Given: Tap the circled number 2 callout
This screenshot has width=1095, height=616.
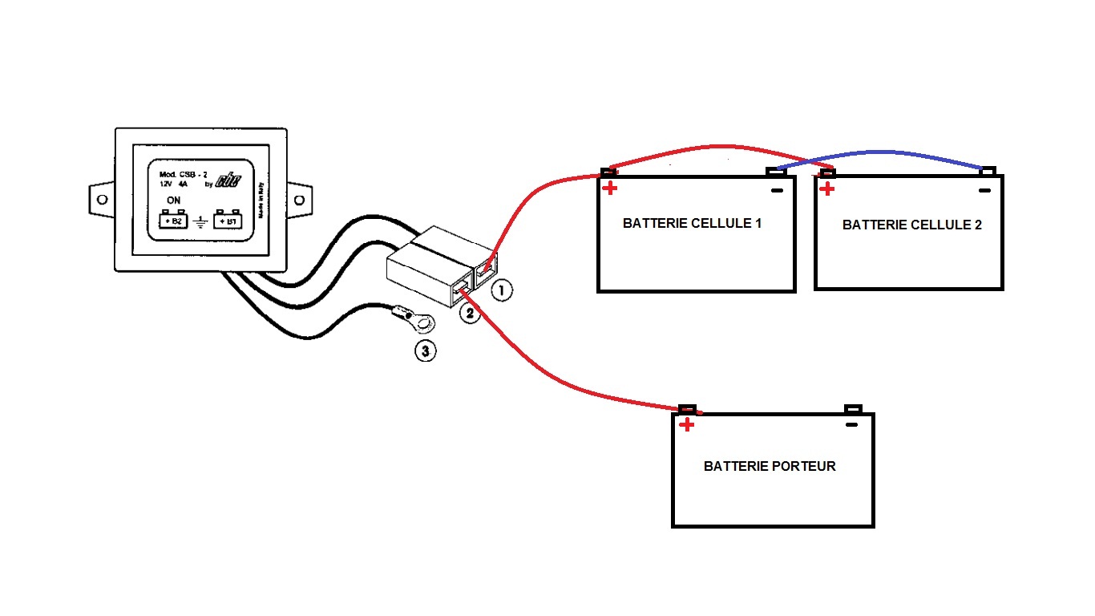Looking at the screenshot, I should tap(470, 314).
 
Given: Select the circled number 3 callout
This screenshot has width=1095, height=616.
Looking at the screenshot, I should tap(426, 351).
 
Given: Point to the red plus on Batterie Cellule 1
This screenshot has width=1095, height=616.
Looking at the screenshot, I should tap(610, 188).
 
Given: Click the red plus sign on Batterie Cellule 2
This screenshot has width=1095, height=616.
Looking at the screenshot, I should tap(827, 189).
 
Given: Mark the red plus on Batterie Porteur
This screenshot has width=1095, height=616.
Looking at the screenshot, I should tap(686, 425).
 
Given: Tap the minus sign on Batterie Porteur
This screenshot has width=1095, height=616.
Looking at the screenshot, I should tap(852, 425).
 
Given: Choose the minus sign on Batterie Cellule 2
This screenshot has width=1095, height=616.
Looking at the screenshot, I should tap(985, 190).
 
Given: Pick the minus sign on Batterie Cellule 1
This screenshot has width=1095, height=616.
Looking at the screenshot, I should tap(775, 190).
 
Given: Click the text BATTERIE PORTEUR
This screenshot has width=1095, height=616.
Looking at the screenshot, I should tap(770, 466).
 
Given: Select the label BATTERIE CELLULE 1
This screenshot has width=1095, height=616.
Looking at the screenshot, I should tap(692, 224).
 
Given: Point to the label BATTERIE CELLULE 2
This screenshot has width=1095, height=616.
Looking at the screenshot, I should tap(911, 225).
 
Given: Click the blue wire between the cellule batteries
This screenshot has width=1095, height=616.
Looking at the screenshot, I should tap(882, 152).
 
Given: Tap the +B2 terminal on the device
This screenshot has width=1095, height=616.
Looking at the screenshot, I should tap(172, 221).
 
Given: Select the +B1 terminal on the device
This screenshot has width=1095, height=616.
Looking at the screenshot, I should tap(229, 221).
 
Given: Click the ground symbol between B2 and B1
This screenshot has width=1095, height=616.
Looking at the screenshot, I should tap(200, 221).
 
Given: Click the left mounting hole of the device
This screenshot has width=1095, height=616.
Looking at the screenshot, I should tap(102, 199).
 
